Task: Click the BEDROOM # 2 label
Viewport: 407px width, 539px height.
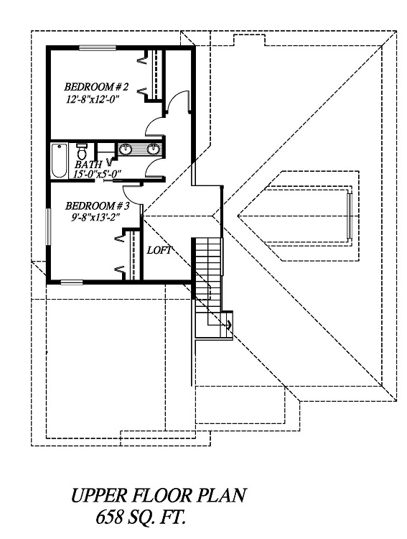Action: pyautogui.click(x=96, y=87)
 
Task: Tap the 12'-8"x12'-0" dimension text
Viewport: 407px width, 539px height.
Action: pyautogui.click(x=95, y=100)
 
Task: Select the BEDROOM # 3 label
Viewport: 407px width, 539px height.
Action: pyautogui.click(x=97, y=206)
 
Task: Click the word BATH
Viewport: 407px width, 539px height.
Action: pyautogui.click(x=88, y=165)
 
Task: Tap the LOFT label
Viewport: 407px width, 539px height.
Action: pyautogui.click(x=159, y=250)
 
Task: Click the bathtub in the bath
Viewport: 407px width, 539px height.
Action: pyautogui.click(x=59, y=160)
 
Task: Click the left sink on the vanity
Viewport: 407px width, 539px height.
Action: pyautogui.click(x=126, y=149)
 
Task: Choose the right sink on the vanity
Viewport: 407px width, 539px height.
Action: pyautogui.click(x=153, y=149)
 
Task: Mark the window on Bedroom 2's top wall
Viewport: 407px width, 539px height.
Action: pyautogui.click(x=98, y=48)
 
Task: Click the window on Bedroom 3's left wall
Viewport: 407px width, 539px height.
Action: pyautogui.click(x=48, y=227)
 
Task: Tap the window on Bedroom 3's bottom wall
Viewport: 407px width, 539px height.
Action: pyautogui.click(x=72, y=282)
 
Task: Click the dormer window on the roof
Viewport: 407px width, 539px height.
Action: pyautogui.click(x=350, y=216)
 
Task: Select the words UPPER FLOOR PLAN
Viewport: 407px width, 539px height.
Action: pyautogui.click(x=159, y=496)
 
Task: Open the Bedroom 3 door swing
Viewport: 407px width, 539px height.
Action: pyautogui.click(x=133, y=195)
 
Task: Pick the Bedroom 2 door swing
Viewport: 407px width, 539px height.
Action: pyautogui.click(x=155, y=126)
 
